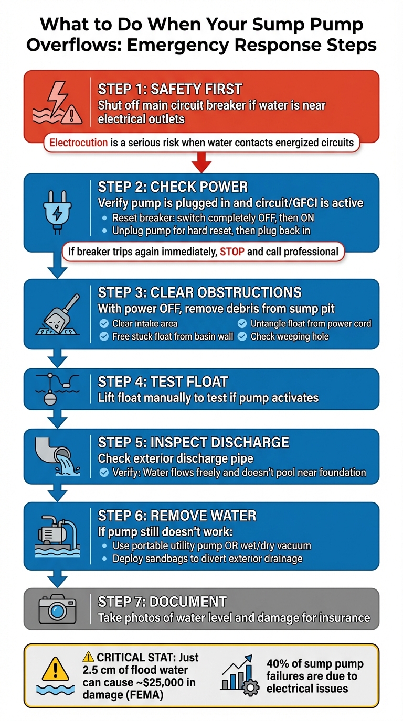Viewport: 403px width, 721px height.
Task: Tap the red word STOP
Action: click(x=232, y=252)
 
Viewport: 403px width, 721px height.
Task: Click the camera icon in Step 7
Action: click(x=58, y=609)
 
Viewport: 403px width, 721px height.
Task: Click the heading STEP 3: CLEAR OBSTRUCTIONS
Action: click(x=200, y=292)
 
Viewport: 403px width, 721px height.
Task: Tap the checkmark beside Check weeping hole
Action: click(x=242, y=336)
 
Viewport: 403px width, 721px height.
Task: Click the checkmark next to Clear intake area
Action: click(x=104, y=324)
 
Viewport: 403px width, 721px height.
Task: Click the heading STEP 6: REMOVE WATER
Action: click(x=177, y=516)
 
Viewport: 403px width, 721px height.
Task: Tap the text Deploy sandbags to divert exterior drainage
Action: click(x=207, y=559)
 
